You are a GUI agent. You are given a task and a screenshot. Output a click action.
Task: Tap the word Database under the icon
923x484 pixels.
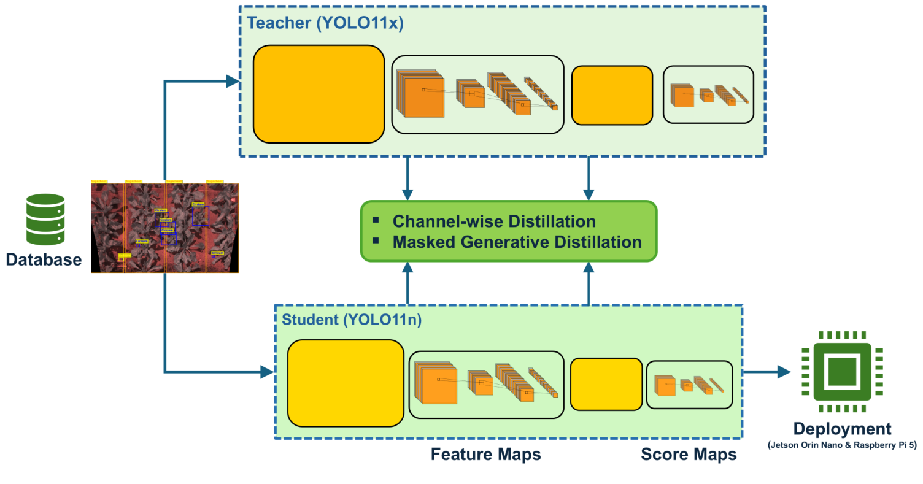click(44, 259)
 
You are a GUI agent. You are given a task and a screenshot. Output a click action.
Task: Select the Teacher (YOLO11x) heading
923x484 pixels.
click(325, 23)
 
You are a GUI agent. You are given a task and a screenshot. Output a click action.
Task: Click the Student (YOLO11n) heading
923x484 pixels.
click(351, 320)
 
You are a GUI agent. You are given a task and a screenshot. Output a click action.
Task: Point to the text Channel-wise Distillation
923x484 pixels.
click(494, 221)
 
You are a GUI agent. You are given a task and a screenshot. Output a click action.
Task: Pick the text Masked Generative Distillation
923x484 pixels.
click(517, 242)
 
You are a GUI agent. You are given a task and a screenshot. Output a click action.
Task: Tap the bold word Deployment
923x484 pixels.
click(841, 429)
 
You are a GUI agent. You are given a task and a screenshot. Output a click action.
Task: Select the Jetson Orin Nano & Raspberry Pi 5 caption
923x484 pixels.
click(841, 446)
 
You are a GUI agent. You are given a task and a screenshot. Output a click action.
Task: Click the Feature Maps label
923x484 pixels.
click(485, 455)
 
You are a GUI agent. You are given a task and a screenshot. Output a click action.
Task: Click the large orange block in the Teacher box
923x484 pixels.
click(319, 94)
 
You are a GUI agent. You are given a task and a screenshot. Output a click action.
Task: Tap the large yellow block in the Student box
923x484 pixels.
click(346, 383)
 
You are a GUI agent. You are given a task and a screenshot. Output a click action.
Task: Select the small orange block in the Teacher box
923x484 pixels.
click(612, 95)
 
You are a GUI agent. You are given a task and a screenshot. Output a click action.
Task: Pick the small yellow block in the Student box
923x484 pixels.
click(606, 384)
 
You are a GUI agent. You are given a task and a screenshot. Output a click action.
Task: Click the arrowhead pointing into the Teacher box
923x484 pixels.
click(233, 81)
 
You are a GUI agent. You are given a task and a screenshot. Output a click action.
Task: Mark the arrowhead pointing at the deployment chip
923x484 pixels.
click(783, 371)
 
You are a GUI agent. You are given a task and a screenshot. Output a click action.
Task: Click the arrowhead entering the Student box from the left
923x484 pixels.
click(267, 371)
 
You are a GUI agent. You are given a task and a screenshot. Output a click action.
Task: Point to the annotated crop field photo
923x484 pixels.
click(164, 228)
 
